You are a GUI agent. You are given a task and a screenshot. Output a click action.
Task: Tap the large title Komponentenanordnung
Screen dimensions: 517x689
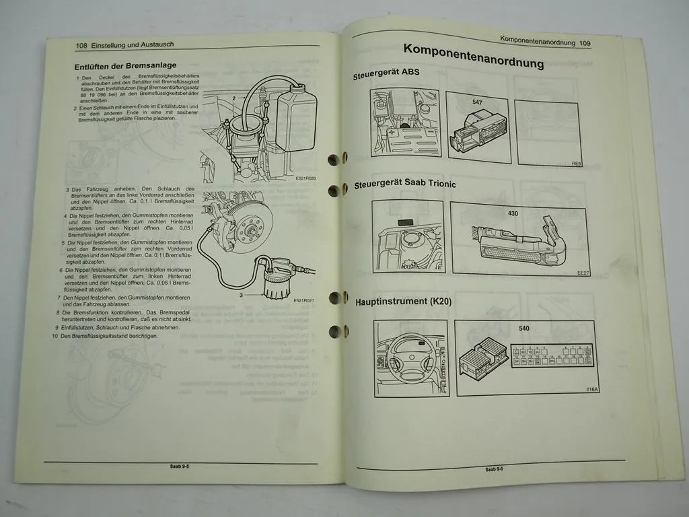click(x=473, y=57)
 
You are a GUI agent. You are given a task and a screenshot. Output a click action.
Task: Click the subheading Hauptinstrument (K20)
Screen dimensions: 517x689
click(x=403, y=302)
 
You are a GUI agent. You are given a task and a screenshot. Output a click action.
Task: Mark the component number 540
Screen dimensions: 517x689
click(x=525, y=329)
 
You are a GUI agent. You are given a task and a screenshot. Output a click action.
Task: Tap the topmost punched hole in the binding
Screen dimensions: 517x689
click(x=333, y=160)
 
